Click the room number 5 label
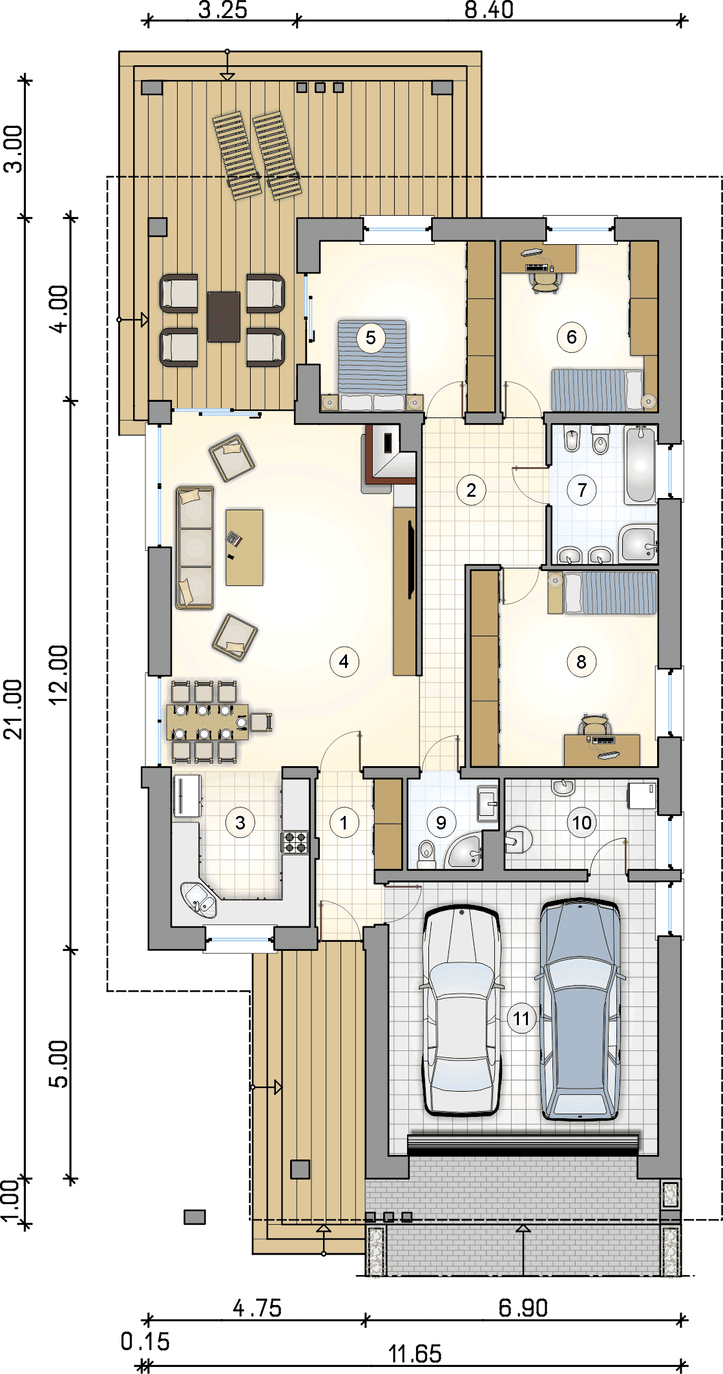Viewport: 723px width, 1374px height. (x=370, y=337)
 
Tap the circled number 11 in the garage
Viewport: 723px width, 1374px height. (x=521, y=1019)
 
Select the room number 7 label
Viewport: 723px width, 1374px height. (x=582, y=490)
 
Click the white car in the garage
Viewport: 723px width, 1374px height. (x=461, y=1011)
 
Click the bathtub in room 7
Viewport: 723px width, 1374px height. (x=640, y=465)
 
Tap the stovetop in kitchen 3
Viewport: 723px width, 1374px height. (x=295, y=842)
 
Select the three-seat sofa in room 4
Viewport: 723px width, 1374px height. (x=194, y=548)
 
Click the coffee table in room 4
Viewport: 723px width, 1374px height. (x=244, y=548)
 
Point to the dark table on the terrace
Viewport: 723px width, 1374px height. (x=224, y=317)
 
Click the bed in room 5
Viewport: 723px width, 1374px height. (x=372, y=366)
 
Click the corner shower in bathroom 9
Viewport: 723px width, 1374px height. (x=464, y=851)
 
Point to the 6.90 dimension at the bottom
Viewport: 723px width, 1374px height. (x=523, y=1308)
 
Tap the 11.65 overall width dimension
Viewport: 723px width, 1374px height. (x=415, y=1354)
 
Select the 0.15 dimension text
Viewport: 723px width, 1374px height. (x=145, y=1342)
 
